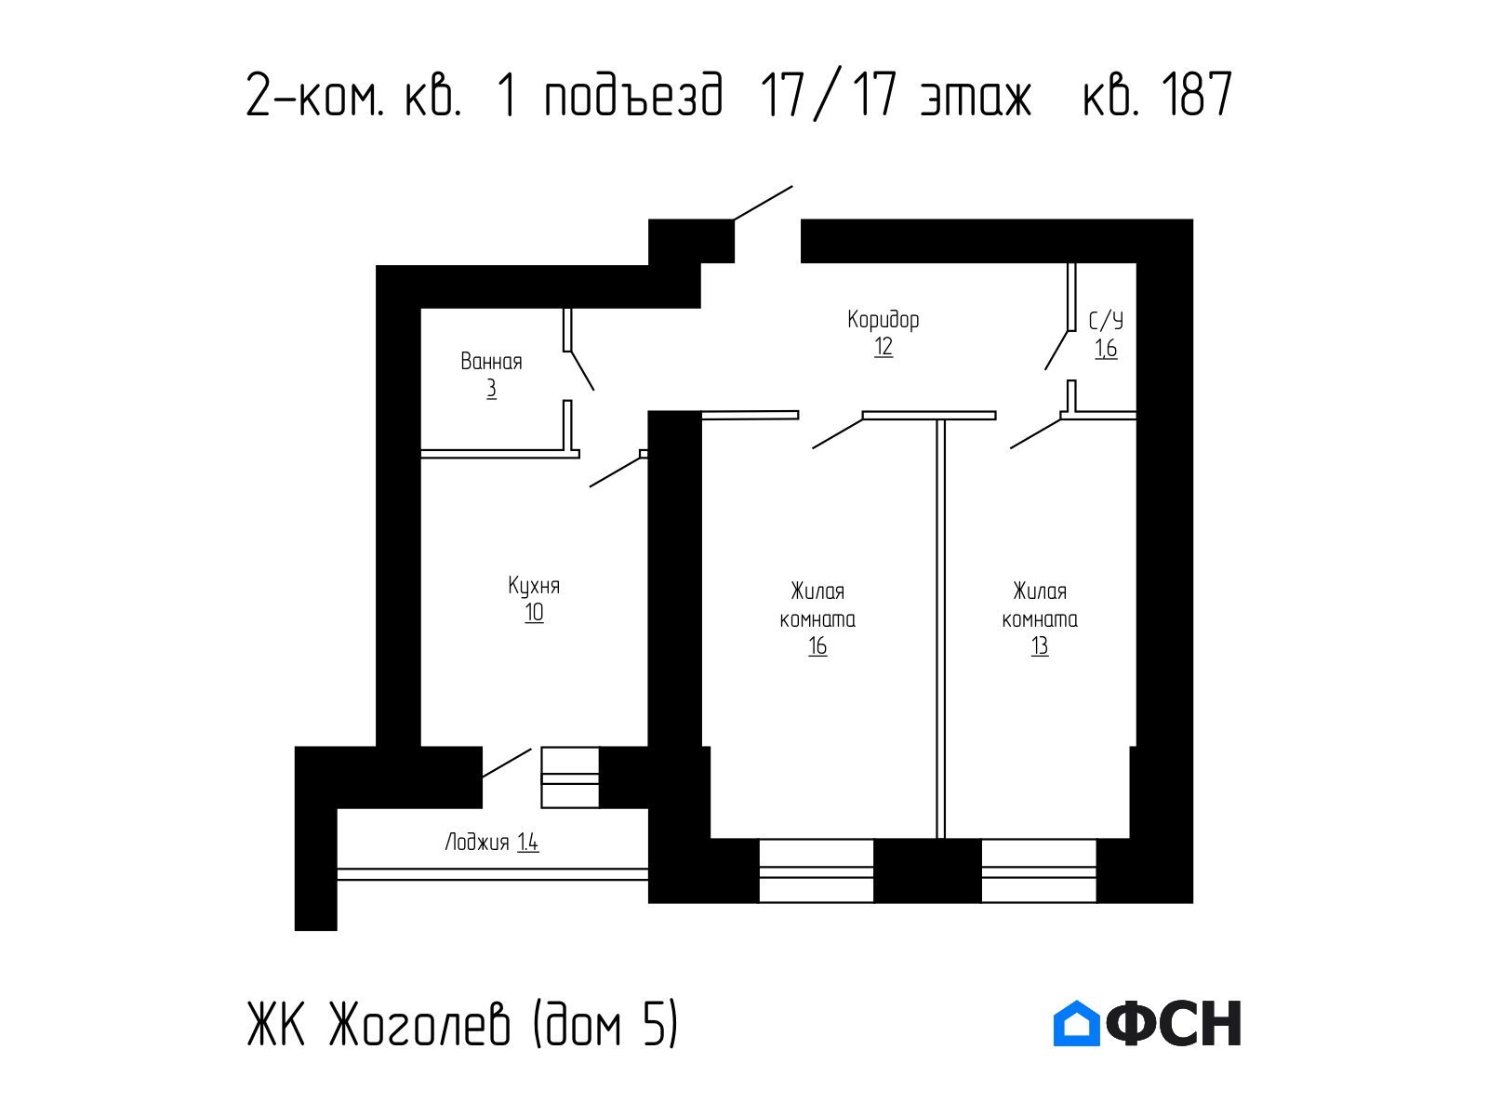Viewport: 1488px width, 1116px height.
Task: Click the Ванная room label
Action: tap(491, 361)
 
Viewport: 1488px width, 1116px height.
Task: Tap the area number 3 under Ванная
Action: tap(491, 389)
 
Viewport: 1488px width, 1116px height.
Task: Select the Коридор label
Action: tap(883, 319)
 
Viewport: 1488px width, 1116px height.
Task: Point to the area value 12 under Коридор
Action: tap(883, 347)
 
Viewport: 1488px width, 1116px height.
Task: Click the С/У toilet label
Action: tap(1106, 321)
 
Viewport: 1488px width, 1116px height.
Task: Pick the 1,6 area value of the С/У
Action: tap(1106, 349)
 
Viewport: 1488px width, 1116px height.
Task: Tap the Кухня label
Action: tap(534, 586)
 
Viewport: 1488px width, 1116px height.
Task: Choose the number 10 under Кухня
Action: tap(534, 613)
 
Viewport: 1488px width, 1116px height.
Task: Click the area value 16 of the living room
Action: tap(817, 646)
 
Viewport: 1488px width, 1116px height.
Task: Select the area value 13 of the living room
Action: tap(1040, 646)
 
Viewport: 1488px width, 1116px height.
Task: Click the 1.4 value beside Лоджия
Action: tap(528, 843)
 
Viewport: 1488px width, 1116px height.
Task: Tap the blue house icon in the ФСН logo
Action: tap(1076, 1022)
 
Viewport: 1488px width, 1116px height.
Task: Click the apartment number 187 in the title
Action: tap(1196, 94)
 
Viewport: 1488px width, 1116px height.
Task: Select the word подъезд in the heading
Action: tap(634, 96)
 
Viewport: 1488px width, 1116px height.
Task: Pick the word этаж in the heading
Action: tap(976, 100)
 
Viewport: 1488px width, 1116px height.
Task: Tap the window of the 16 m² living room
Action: tap(817, 870)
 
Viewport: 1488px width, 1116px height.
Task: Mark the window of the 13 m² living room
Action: tap(1039, 870)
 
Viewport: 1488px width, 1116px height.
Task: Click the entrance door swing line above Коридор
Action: tap(764, 203)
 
